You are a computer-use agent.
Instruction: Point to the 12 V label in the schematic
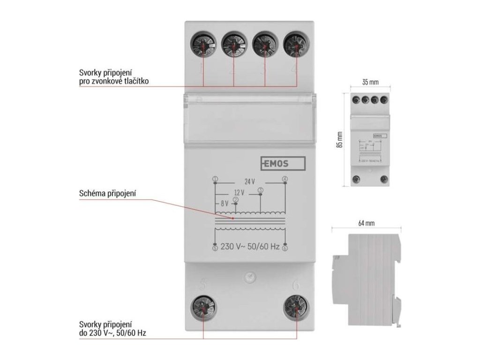240,193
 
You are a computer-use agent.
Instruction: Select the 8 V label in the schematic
224,203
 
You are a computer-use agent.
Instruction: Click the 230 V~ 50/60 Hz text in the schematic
250,247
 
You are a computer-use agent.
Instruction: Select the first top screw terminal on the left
203,45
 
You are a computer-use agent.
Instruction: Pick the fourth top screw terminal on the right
296,45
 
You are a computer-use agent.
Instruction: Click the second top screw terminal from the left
233,45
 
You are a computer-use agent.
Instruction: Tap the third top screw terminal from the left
265,45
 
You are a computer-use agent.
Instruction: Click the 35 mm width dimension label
370,82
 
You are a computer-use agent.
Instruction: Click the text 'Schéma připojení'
108,193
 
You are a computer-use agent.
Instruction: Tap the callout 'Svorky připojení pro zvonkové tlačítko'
115,78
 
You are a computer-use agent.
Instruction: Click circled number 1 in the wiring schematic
215,179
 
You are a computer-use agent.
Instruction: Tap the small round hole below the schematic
249,277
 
